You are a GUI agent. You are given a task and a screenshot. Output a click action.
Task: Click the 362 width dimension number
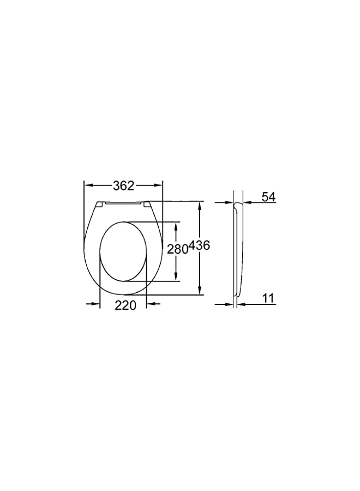click(123, 185)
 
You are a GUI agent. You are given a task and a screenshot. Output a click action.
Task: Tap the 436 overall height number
click(199, 246)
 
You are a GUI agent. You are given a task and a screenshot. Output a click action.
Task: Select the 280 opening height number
click(177, 249)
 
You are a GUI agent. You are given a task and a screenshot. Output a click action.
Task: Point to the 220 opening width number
click(125, 306)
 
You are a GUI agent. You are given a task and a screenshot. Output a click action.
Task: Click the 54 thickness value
click(268, 197)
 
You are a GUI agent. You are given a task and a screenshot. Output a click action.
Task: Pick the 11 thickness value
click(268, 298)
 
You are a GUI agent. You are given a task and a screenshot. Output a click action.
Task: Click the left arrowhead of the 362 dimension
click(88, 185)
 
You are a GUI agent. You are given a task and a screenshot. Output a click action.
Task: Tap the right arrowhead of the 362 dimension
click(159, 185)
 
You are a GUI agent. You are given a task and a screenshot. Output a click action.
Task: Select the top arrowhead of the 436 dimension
click(200, 205)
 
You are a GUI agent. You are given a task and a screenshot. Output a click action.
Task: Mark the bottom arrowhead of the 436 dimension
click(200, 291)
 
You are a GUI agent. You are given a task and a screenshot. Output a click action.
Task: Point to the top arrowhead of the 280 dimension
click(176, 225)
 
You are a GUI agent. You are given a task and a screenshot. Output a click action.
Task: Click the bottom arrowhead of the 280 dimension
click(176, 278)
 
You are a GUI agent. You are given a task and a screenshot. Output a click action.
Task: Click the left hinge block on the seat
click(100, 205)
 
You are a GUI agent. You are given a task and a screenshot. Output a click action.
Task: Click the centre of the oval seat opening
click(123, 252)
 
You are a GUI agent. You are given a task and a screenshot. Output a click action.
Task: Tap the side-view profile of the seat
click(238, 248)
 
